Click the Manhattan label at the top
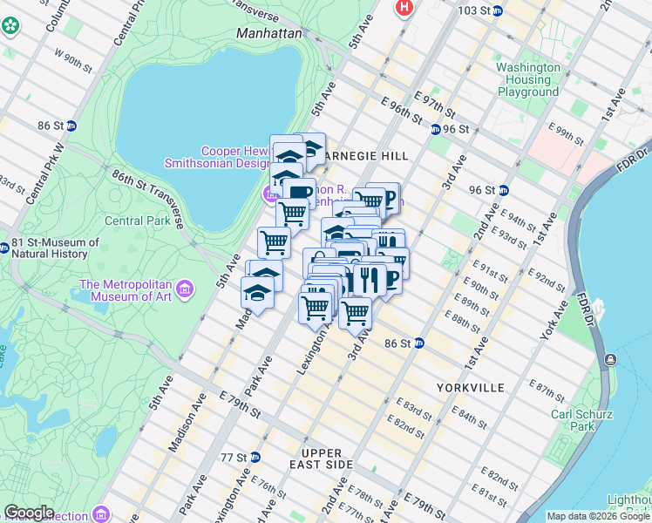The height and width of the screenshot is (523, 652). [x=268, y=33]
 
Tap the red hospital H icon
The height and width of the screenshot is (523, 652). [x=404, y=8]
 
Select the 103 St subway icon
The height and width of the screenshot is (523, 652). [x=497, y=10]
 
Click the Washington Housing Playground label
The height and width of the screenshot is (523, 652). [x=527, y=79]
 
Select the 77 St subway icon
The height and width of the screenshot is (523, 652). [x=255, y=457]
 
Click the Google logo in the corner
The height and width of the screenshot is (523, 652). [x=28, y=513]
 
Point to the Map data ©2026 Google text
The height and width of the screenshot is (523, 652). [x=597, y=516]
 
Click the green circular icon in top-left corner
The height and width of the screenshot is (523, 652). [x=10, y=25]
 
